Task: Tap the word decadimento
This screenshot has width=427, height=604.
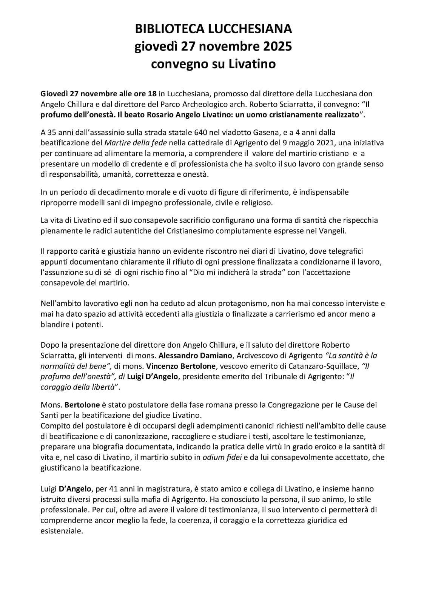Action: [123, 192]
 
